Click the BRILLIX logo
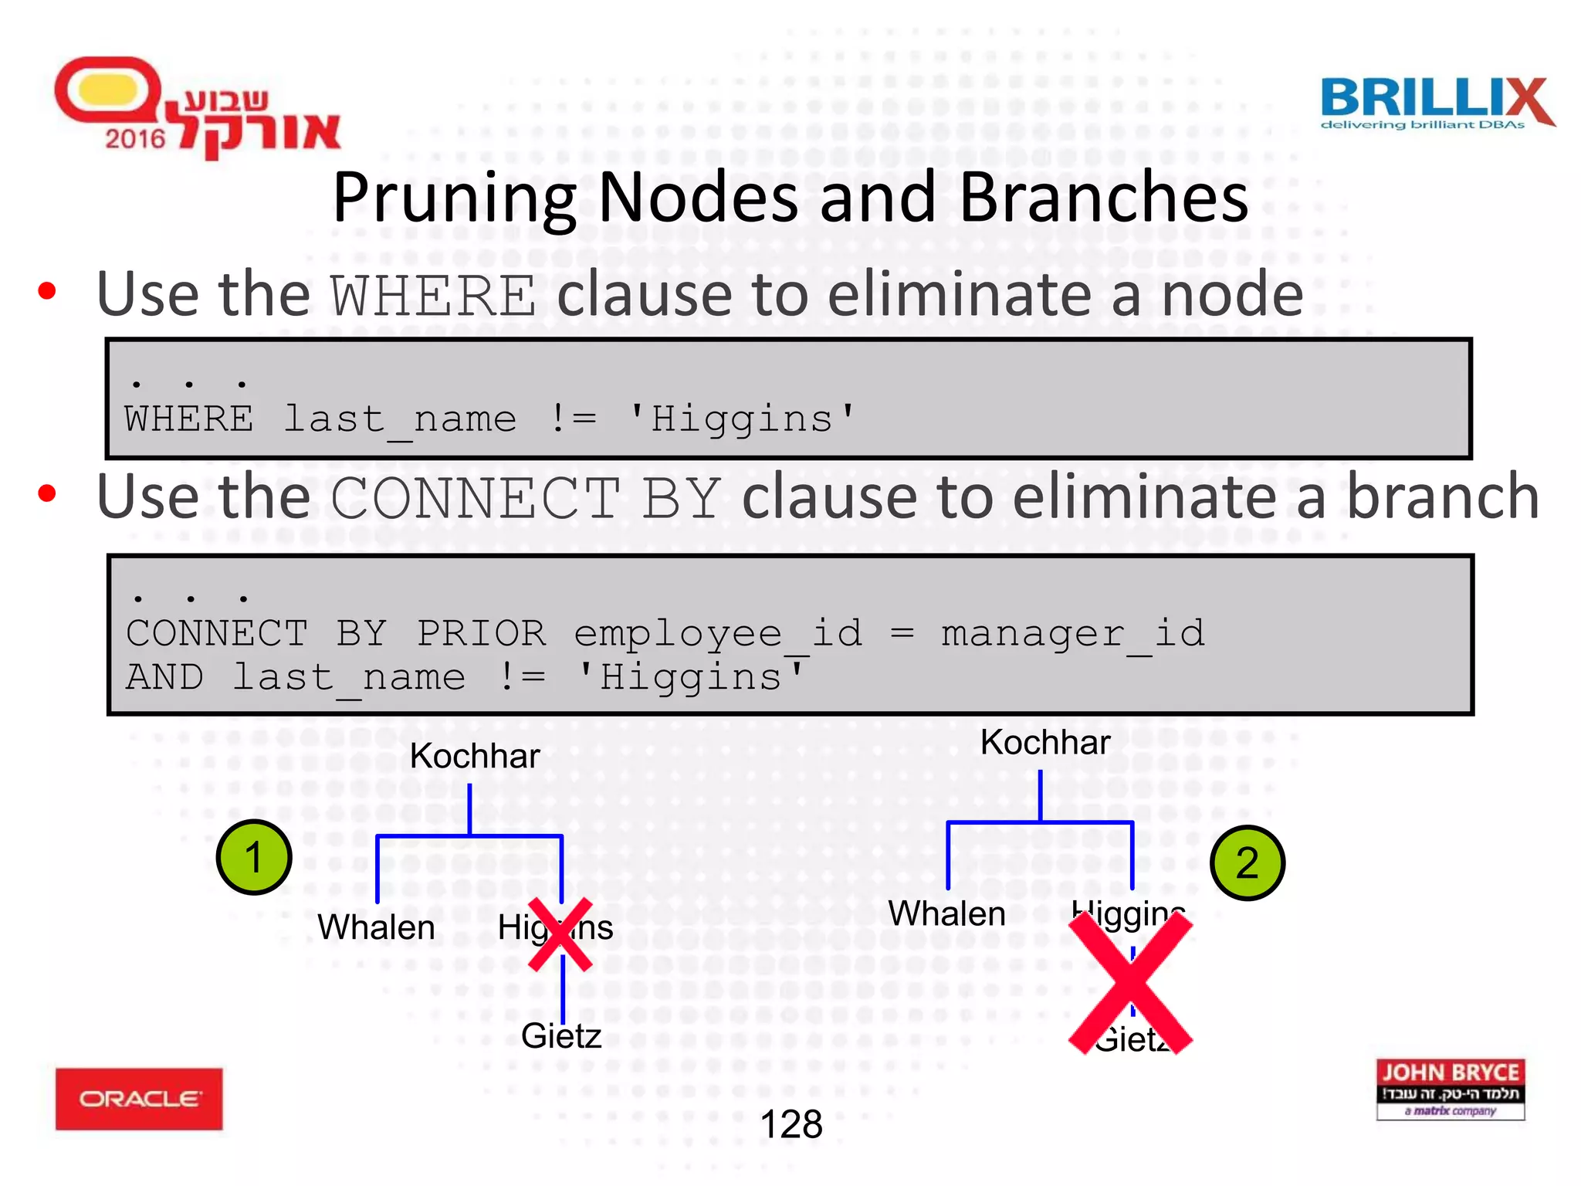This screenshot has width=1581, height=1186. pos(1436,103)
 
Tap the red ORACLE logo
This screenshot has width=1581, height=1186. pos(139,1099)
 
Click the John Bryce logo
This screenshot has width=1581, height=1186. pos(1450,1089)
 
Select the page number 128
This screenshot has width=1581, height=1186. pos(790,1124)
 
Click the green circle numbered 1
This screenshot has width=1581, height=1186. pos(254,858)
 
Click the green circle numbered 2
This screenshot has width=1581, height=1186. pos(1247,863)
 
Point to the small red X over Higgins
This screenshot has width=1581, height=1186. pos(560,934)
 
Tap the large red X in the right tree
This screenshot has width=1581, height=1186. pos(1131,982)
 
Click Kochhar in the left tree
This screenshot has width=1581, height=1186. pos(474,756)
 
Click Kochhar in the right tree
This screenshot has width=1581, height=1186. pos(1044,743)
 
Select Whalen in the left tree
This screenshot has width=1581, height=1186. pos(376,927)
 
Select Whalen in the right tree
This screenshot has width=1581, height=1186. pos(946,914)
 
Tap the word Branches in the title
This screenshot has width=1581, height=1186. pos(1103,197)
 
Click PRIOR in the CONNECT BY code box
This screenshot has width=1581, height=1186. pos(481,634)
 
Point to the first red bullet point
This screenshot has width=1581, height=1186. pos(47,291)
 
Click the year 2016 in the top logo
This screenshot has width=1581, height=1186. pos(135,139)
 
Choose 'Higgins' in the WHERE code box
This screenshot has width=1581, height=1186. pos(741,419)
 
